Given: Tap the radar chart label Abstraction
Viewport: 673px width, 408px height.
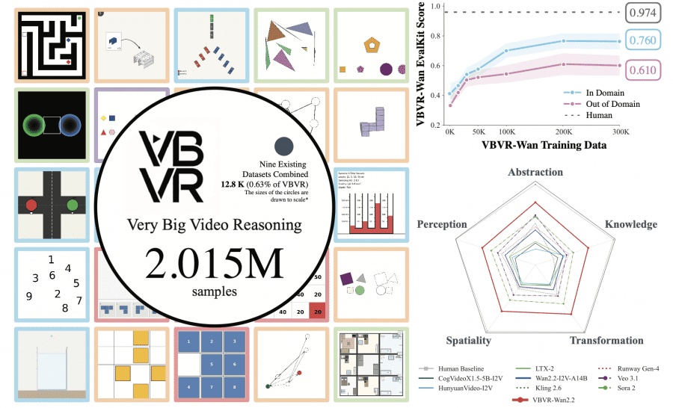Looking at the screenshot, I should coord(535,173).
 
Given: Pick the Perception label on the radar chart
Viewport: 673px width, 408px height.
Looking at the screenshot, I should coord(443,223).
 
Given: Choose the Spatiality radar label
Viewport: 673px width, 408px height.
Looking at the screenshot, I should coord(468,340).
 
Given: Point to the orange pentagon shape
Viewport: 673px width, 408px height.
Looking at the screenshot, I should coord(369,44).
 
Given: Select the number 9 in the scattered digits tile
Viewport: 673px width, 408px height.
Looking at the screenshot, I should coord(28,295).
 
